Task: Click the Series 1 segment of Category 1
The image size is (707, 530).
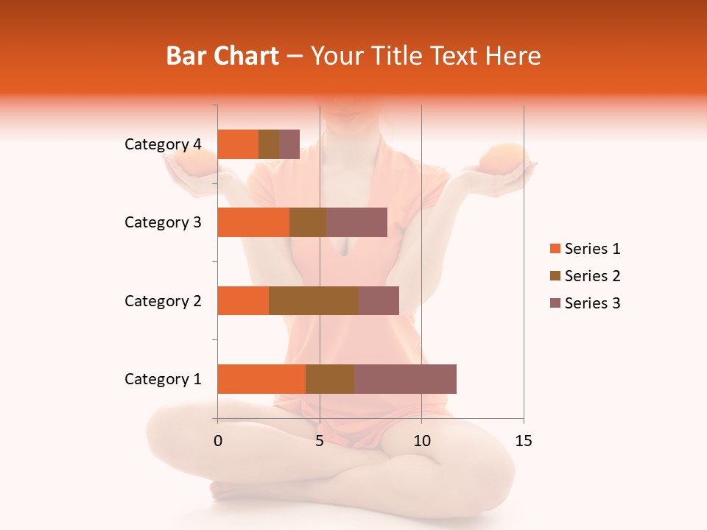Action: (261, 379)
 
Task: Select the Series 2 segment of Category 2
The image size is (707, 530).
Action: (314, 300)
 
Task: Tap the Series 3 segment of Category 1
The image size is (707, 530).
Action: (405, 379)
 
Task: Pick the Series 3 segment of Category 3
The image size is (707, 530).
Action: (356, 222)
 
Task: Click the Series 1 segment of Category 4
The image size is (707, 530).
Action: (238, 144)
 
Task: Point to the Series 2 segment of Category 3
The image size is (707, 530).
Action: (308, 222)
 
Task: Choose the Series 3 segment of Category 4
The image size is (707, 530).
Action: (289, 144)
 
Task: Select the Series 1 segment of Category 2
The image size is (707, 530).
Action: (243, 300)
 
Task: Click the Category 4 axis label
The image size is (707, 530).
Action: (163, 144)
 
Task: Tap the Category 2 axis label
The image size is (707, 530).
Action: (163, 300)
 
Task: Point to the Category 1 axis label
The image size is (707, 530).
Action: (163, 379)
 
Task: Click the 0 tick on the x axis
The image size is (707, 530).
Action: (218, 441)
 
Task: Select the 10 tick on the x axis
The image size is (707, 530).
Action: (421, 441)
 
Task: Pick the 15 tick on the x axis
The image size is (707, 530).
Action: (524, 441)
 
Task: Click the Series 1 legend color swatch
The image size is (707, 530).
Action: (555, 249)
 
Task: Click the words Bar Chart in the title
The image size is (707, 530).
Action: (222, 55)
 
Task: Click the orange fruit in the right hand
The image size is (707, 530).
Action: (502, 158)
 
